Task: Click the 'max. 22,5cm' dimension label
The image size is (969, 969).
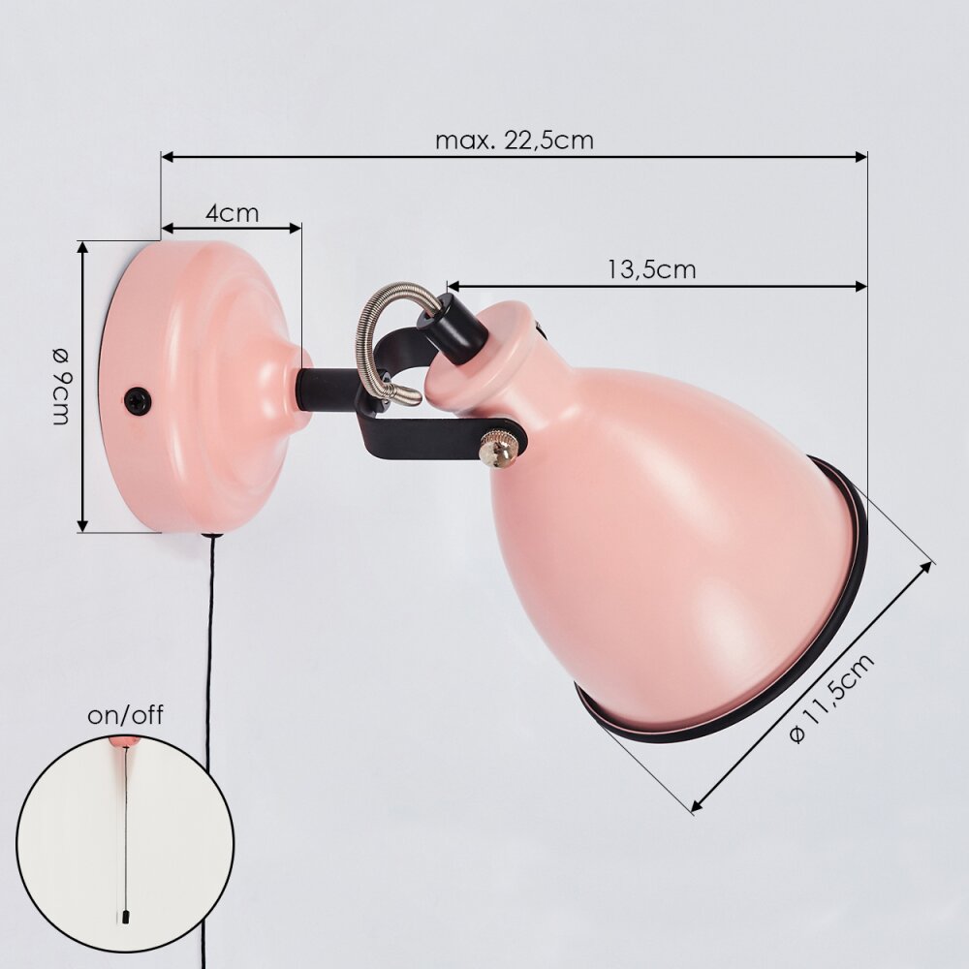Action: pyautogui.click(x=515, y=141)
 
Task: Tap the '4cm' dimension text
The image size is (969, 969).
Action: pyautogui.click(x=232, y=213)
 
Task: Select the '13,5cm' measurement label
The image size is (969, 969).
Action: pyautogui.click(x=651, y=269)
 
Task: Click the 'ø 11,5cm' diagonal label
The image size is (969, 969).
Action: pyautogui.click(x=831, y=698)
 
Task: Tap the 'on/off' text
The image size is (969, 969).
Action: pyautogui.click(x=125, y=716)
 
